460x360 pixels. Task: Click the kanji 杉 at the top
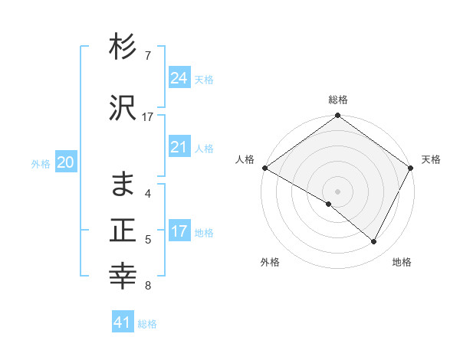(x=123, y=47)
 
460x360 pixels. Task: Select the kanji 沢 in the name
(x=123, y=110)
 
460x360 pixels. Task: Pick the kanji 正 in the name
(x=123, y=231)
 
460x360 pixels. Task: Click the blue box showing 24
(x=179, y=78)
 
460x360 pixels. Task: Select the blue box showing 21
(x=179, y=147)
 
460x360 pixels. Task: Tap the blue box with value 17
(x=179, y=231)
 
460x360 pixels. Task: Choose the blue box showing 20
(x=66, y=162)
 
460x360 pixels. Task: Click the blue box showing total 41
(x=123, y=322)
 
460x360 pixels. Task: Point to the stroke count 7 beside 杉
(x=147, y=56)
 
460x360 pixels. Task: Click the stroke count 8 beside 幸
(x=147, y=286)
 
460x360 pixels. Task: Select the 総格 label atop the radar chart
(x=338, y=100)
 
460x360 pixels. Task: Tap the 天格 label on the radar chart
(x=431, y=159)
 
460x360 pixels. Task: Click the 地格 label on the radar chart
(x=402, y=262)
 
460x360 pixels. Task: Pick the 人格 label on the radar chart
(x=245, y=159)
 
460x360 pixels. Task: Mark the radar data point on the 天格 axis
(x=411, y=168)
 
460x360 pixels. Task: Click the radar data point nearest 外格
(x=329, y=205)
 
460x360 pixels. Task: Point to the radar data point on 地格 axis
(x=374, y=242)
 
